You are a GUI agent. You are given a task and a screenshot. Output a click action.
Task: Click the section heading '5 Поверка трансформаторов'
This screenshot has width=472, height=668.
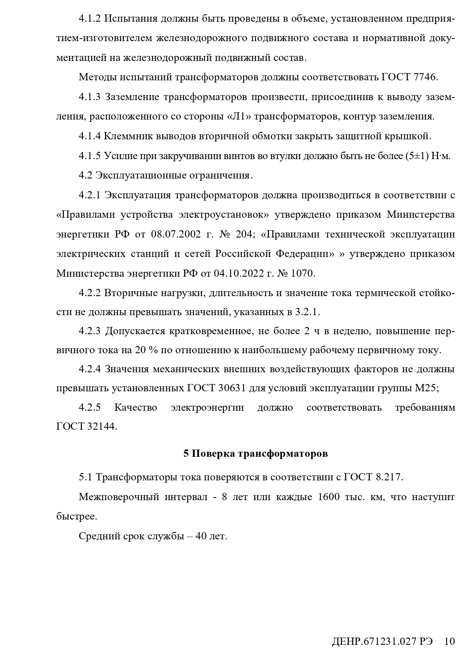(x=255, y=454)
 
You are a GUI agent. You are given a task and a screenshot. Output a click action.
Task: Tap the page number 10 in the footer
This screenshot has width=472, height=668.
(x=449, y=641)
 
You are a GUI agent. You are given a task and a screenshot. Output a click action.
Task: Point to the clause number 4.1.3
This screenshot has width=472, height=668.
(x=89, y=97)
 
